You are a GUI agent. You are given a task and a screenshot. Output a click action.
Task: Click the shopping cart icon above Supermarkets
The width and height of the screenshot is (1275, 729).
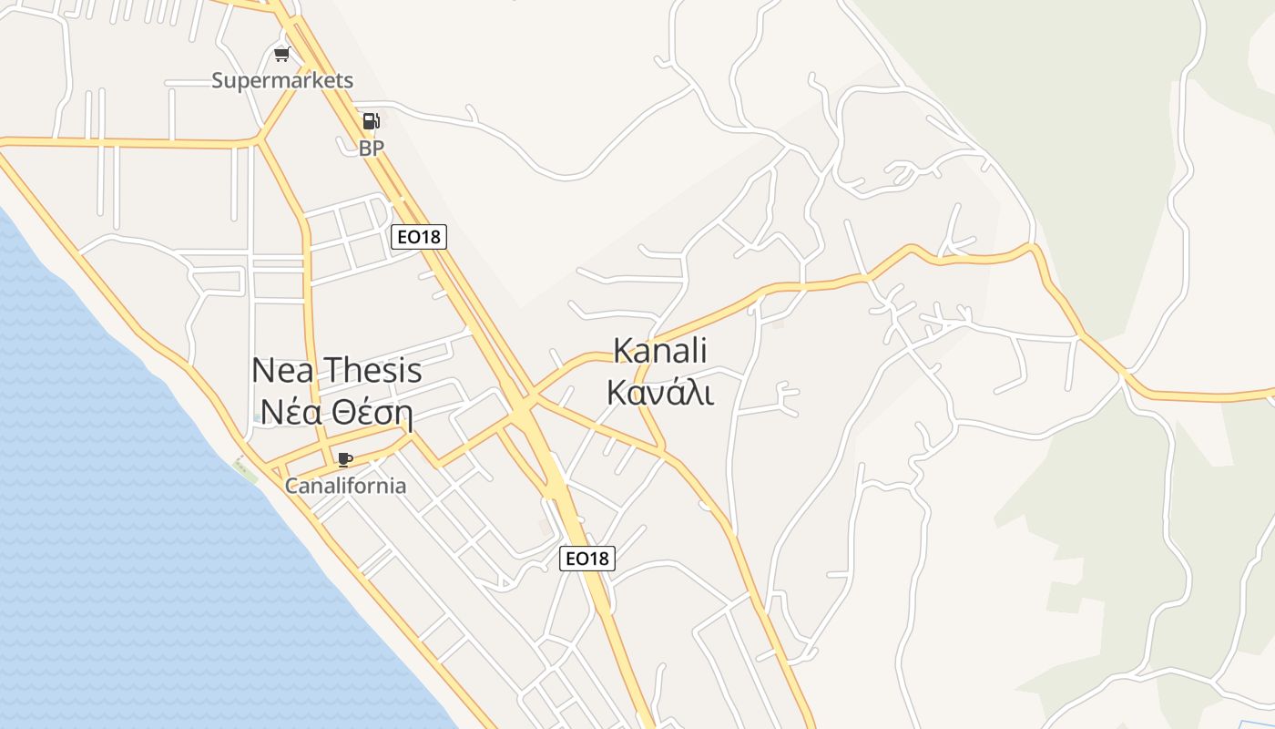point(281,55)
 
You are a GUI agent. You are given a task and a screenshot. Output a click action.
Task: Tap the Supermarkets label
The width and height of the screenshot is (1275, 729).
point(282,80)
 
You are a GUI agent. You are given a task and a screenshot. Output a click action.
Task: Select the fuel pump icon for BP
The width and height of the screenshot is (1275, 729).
point(371,121)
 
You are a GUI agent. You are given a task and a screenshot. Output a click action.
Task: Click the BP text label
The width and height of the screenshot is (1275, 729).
point(372,148)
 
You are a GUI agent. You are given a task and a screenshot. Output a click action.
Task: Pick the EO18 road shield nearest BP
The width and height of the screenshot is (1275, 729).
point(419,237)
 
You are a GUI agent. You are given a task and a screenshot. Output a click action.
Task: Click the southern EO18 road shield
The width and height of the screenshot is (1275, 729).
point(586,558)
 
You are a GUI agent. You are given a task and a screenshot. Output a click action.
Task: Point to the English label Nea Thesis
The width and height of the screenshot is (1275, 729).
point(336,370)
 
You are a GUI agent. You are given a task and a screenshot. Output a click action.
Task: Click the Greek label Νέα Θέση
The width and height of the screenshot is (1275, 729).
point(336,413)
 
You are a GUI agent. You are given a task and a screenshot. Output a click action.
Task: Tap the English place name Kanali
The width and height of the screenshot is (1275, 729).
point(660,350)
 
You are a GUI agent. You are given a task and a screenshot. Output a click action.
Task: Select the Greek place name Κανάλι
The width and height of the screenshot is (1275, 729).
point(660,392)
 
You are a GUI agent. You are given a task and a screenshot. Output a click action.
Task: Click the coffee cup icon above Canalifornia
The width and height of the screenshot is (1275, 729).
point(344,459)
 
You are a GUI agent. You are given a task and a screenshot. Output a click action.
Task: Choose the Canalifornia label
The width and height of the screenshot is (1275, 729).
point(345,485)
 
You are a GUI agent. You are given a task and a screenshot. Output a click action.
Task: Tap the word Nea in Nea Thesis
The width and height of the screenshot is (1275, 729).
point(283,370)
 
